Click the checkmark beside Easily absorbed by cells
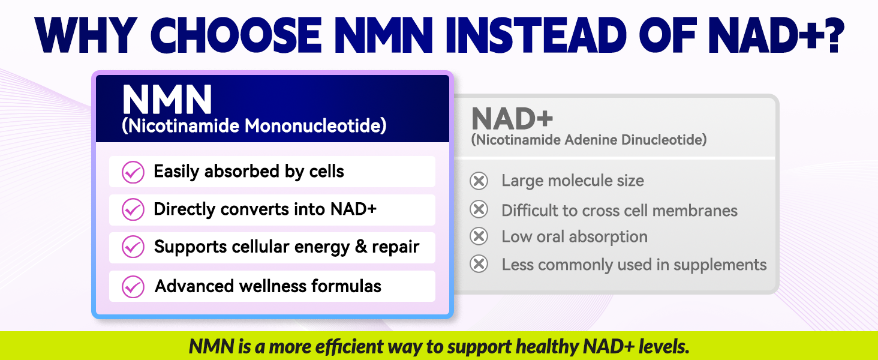tap(133, 172)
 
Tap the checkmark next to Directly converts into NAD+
tap(133, 209)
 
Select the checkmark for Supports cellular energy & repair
tap(133, 247)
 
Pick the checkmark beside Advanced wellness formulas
tap(133, 287)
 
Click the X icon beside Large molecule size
tap(479, 181)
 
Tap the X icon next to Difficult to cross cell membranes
tap(479, 209)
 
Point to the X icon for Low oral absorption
tap(479, 236)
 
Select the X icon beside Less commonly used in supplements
tap(479, 264)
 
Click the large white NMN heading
tap(167, 100)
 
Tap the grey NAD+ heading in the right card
tap(512, 118)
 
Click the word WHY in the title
tap(86, 35)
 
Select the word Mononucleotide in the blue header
tap(315, 126)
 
